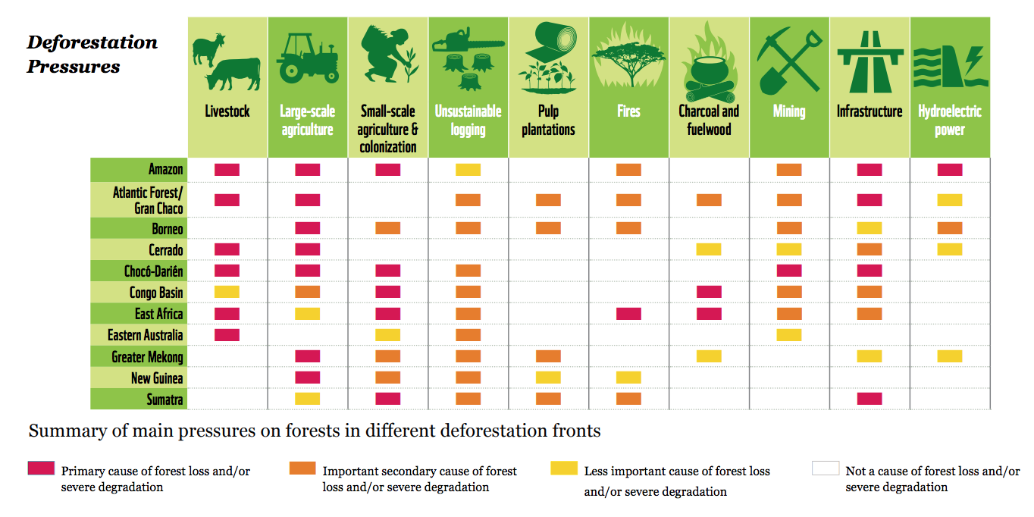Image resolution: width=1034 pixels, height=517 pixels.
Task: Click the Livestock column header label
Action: pyautogui.click(x=227, y=111)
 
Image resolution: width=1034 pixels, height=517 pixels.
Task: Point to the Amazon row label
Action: pyautogui.click(x=165, y=169)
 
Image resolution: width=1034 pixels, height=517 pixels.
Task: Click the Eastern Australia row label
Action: pyautogui.click(x=145, y=335)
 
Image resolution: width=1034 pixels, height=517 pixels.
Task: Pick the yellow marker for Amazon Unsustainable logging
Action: pyautogui.click(x=468, y=170)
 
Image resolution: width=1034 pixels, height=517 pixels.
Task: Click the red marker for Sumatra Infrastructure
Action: pyautogui.click(x=869, y=399)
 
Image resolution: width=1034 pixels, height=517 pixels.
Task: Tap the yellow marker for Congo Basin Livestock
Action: pyautogui.click(x=227, y=292)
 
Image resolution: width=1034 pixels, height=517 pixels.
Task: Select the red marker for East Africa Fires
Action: pyautogui.click(x=628, y=313)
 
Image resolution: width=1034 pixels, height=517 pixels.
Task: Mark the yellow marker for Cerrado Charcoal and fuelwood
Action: pyautogui.click(x=709, y=249)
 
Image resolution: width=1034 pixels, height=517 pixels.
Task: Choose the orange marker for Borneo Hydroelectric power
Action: pyautogui.click(x=950, y=228)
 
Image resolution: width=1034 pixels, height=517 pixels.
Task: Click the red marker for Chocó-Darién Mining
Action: pyautogui.click(x=789, y=271)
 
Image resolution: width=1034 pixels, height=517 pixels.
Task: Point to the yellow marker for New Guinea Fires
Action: pyautogui.click(x=628, y=378)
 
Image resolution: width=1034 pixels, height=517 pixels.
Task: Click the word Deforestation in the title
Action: pyautogui.click(x=92, y=42)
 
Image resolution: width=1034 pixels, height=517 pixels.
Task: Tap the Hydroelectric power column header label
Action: pyautogui.click(x=950, y=121)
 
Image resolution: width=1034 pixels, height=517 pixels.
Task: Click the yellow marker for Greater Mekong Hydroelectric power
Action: pyautogui.click(x=950, y=356)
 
